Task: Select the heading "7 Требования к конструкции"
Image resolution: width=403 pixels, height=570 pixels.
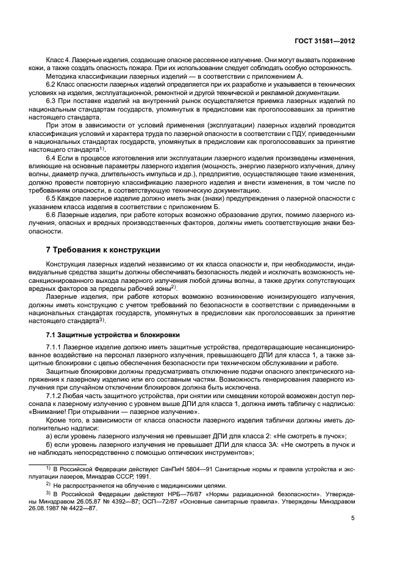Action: [104, 250]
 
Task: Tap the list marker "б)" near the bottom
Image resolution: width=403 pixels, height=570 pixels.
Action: [51, 447]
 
